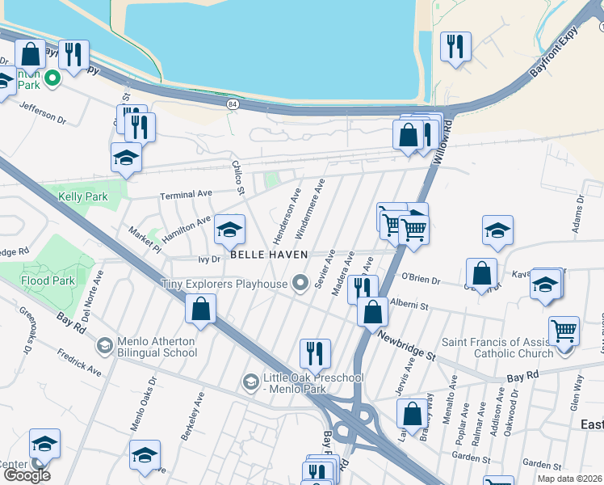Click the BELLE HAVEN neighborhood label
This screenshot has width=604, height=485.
(269, 254)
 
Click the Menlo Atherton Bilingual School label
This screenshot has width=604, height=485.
(157, 346)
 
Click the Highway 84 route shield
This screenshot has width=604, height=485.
(233, 104)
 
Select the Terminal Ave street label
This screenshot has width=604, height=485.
(186, 195)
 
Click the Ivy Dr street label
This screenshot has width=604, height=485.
(209, 259)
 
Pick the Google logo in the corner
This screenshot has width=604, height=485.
(27, 475)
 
